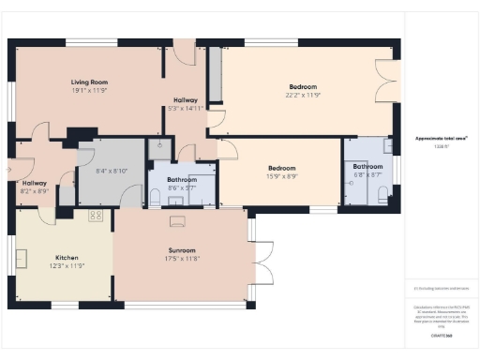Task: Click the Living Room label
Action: tap(90, 82)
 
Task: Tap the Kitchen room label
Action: tap(66, 257)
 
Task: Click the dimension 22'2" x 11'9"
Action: tap(303, 95)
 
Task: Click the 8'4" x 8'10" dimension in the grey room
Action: tap(112, 171)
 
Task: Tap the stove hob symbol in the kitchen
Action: tap(95, 216)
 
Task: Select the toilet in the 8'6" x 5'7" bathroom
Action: tap(156, 197)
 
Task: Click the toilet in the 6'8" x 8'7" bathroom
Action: tap(382, 193)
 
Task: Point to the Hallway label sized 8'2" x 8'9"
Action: tap(34, 183)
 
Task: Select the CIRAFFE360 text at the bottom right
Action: tap(441, 335)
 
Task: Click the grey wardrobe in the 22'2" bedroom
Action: tap(215, 75)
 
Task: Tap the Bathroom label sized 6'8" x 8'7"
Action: tap(367, 167)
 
